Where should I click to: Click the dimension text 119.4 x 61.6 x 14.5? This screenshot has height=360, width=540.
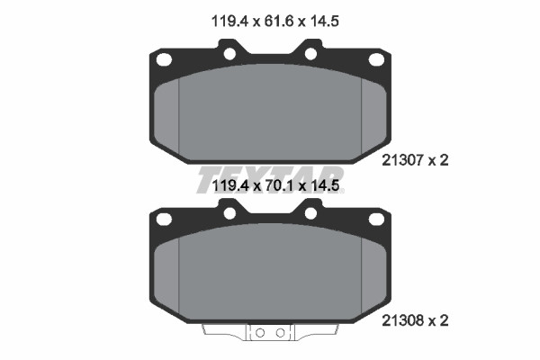(275, 22)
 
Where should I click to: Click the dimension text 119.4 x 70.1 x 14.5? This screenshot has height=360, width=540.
(275, 186)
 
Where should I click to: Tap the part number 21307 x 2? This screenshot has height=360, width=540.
(415, 160)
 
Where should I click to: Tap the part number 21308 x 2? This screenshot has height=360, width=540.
(415, 321)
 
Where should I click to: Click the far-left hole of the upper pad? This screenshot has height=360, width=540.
(164, 59)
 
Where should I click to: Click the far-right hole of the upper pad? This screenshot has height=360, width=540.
(376, 59)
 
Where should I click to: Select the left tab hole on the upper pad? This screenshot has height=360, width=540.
(229, 54)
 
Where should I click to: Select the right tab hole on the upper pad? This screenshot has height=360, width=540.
(310, 54)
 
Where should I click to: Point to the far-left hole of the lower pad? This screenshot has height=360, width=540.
(164, 219)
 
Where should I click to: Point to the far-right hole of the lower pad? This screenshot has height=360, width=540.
(376, 219)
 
